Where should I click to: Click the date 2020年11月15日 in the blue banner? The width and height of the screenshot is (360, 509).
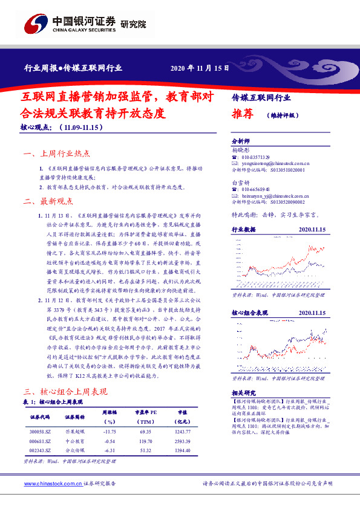[x=199, y=68]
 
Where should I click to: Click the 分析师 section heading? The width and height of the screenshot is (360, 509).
[x=241, y=141]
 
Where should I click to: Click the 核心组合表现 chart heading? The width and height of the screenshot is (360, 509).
[x=250, y=313]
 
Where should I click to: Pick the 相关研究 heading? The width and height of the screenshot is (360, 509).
[x=244, y=392]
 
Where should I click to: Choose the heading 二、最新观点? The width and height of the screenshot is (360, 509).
[x=48, y=201]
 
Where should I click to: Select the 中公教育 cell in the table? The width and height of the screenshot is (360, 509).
[x=75, y=441]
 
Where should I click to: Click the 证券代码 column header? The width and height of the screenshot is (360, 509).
[x=42, y=417]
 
